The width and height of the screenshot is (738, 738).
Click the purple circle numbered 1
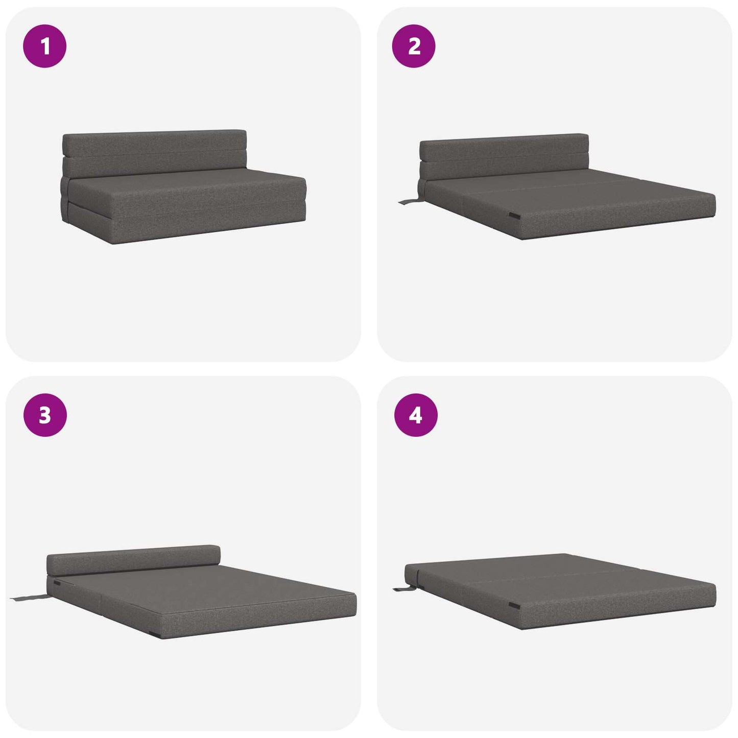(x=45, y=46)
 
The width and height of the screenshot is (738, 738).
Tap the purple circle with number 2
(x=414, y=46)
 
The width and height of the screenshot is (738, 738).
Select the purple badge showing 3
(x=45, y=415)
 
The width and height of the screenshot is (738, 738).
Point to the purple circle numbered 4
(x=416, y=415)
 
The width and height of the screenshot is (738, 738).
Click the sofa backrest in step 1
(x=154, y=153)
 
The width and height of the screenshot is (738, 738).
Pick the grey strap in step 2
(x=409, y=201)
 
